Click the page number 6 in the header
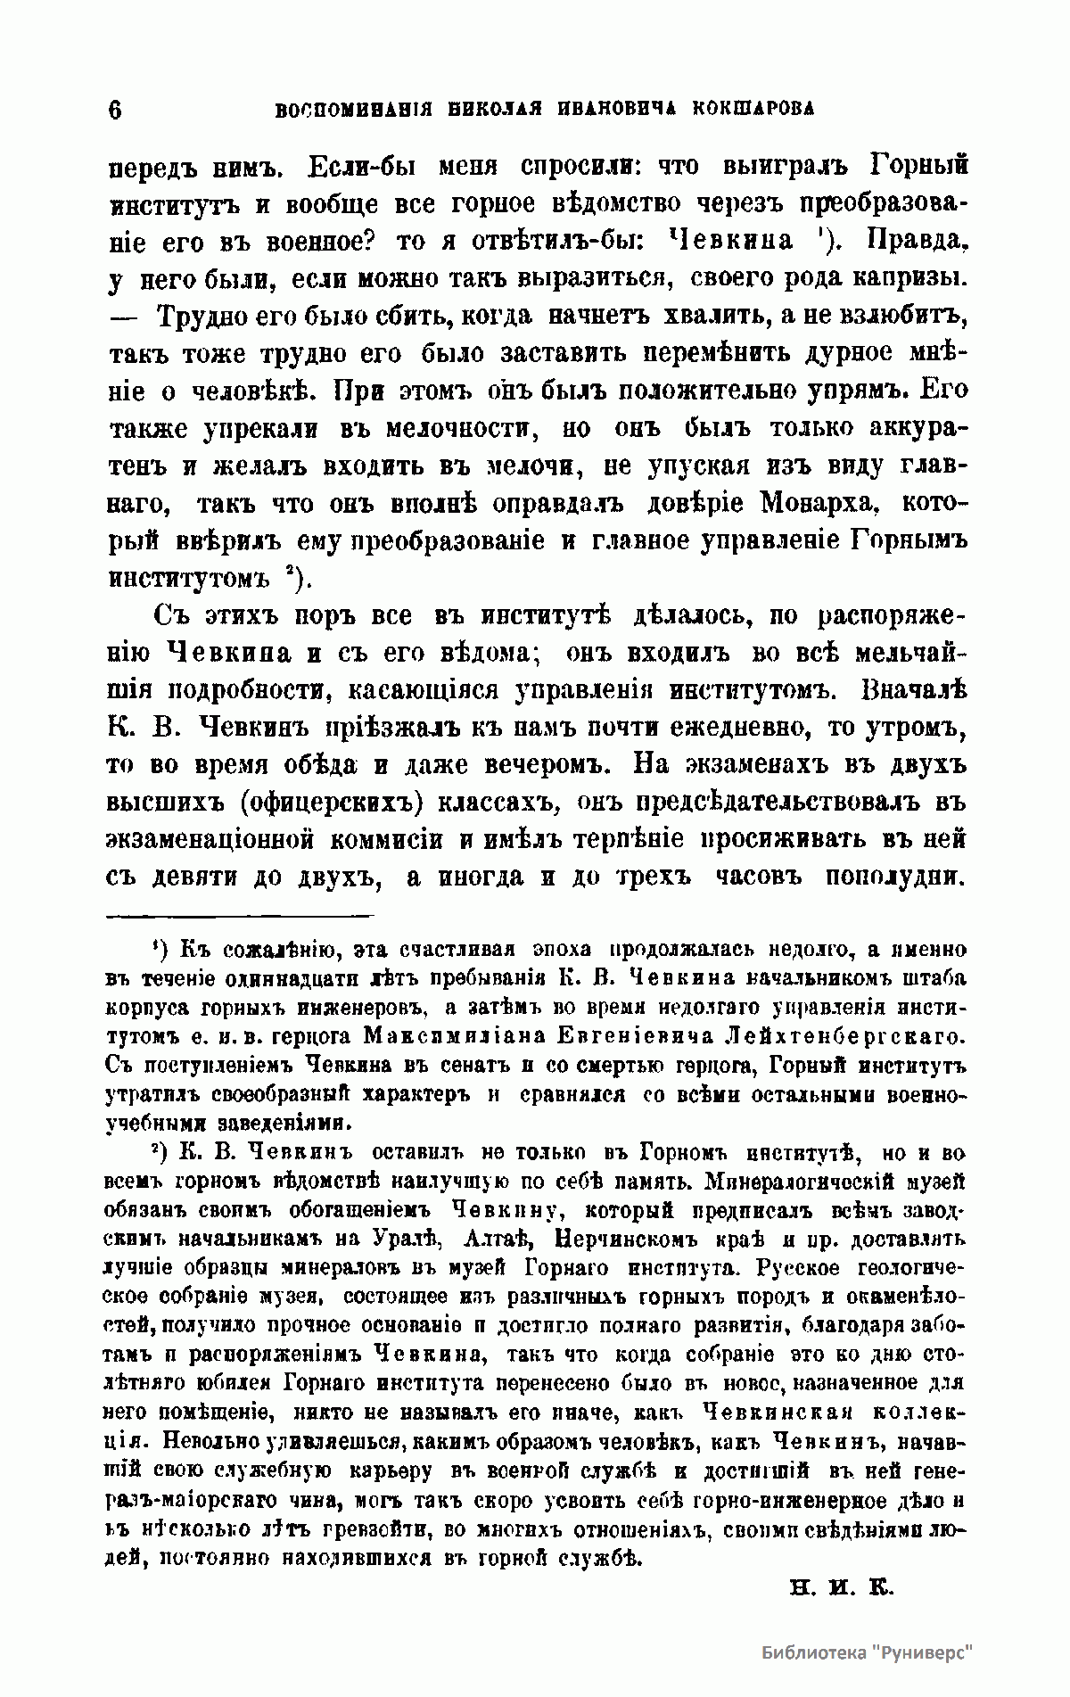[115, 110]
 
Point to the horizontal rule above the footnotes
[240, 915]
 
